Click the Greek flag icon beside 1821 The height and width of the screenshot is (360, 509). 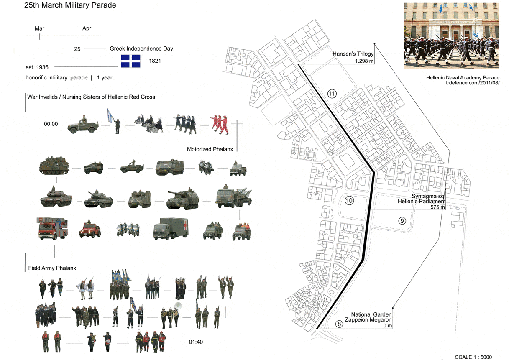[x=130, y=61]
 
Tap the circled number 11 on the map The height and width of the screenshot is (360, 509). [x=332, y=94]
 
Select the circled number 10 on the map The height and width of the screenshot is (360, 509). [x=349, y=201]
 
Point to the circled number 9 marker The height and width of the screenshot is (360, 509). [x=402, y=221]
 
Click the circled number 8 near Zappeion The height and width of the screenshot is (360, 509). [x=339, y=324]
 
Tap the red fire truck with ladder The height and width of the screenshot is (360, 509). [x=52, y=228]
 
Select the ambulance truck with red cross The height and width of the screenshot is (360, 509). [x=171, y=229]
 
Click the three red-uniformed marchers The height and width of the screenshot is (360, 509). [x=220, y=125]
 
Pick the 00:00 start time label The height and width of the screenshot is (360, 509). [x=51, y=124]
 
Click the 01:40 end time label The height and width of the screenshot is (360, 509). [x=196, y=342]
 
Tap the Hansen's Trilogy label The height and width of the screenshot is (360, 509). [x=353, y=54]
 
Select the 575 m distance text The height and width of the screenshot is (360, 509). [x=437, y=207]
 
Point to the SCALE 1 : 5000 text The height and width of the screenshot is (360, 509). [x=473, y=357]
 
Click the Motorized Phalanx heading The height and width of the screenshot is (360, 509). [x=210, y=149]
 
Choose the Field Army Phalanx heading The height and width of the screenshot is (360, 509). [x=52, y=268]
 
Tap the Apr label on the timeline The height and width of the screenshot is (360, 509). [x=87, y=28]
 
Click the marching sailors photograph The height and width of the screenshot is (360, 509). [x=452, y=36]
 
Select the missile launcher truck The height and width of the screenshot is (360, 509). [x=234, y=196]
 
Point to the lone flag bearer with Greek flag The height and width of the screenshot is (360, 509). [x=114, y=121]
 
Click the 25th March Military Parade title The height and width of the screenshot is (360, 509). [x=70, y=5]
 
